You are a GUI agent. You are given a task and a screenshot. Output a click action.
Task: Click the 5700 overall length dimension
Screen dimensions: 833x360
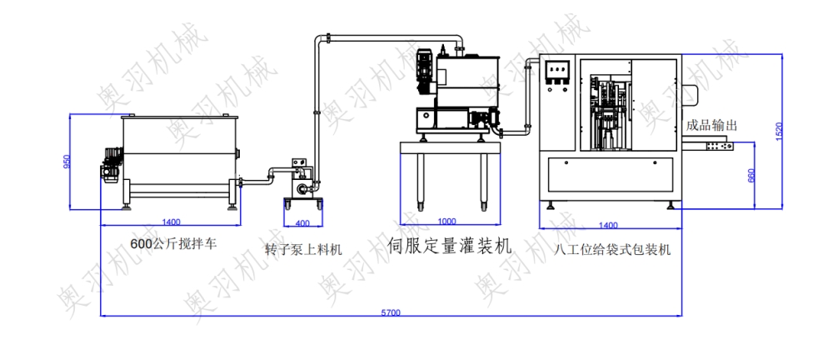click(x=391, y=312)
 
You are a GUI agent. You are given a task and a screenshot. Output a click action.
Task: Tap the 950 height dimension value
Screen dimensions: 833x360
click(x=67, y=162)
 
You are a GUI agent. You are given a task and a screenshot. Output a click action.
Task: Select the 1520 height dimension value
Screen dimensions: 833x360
click(x=780, y=131)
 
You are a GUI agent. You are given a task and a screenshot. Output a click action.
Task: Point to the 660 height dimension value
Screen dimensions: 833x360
click(x=751, y=176)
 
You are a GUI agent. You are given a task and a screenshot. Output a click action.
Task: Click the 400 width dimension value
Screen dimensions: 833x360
click(x=302, y=223)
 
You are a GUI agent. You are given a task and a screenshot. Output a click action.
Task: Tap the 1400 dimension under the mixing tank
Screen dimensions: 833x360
click(x=171, y=222)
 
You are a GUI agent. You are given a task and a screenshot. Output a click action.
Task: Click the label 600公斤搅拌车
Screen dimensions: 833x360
click(x=174, y=244)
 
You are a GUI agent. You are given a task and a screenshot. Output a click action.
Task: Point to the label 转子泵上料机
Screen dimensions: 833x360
click(x=304, y=249)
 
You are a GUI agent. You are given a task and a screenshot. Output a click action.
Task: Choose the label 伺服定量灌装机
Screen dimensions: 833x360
click(x=450, y=245)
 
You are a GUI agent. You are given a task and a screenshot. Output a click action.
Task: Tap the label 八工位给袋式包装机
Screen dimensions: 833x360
click(x=612, y=249)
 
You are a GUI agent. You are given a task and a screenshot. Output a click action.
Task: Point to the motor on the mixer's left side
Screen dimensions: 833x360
click(x=111, y=165)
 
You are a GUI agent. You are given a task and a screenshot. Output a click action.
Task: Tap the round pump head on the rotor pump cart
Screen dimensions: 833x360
click(x=303, y=187)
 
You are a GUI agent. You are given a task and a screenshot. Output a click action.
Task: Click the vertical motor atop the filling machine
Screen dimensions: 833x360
click(x=425, y=72)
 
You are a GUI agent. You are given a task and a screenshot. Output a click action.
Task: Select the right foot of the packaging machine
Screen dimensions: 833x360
click(x=671, y=205)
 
